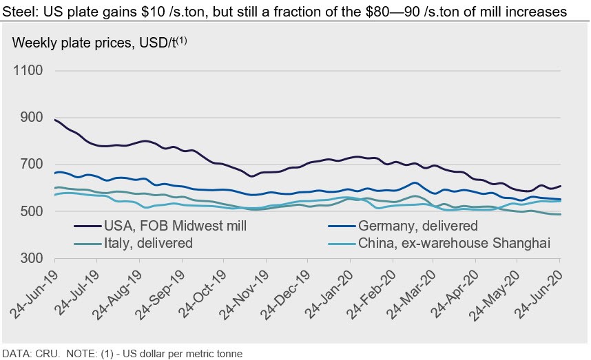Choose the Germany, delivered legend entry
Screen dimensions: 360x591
pos(427,226)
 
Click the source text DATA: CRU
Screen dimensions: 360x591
pos(28,354)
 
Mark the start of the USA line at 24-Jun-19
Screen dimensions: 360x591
pos(54,120)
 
